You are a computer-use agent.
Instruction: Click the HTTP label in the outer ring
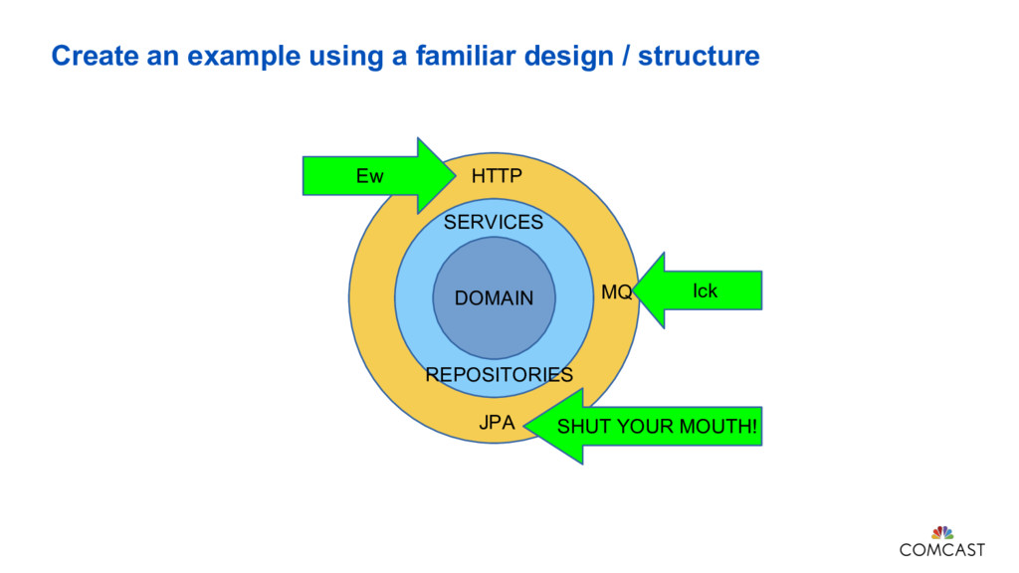(496, 176)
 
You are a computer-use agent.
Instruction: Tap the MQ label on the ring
(616, 291)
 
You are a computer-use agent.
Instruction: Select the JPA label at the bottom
(497, 422)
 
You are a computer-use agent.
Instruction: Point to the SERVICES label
(494, 223)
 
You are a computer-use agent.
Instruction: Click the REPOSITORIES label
(499, 375)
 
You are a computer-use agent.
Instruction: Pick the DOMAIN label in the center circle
(494, 298)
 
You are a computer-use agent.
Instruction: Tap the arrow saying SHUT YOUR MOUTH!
(647, 427)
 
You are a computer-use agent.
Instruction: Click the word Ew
(369, 177)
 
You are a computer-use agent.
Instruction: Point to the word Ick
(705, 290)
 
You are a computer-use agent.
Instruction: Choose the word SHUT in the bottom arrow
(581, 428)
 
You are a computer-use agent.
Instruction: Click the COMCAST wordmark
(941, 549)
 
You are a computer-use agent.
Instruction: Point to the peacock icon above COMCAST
(941, 532)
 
